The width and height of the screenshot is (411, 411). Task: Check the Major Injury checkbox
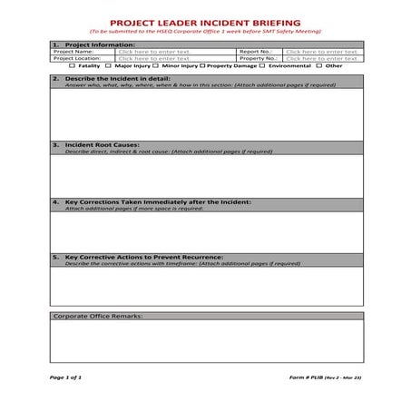(109, 66)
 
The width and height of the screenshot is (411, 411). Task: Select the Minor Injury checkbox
(155, 66)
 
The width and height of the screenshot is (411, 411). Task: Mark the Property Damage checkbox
(202, 66)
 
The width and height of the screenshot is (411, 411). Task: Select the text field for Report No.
(322, 52)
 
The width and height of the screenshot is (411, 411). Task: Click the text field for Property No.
(322, 59)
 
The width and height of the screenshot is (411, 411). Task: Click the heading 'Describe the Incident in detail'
(113, 79)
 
